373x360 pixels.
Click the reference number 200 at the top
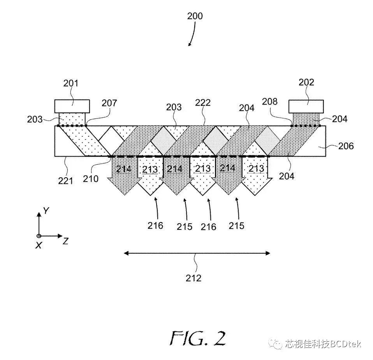click(195, 16)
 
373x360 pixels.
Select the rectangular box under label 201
click(72, 106)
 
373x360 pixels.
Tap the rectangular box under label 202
click(306, 106)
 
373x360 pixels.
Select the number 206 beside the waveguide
click(346, 146)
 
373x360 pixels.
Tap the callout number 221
click(65, 181)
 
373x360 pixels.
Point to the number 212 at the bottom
click(194, 278)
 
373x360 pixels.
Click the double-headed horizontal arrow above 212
click(197, 253)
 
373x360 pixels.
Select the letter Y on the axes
click(46, 211)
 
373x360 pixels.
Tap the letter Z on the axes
click(66, 241)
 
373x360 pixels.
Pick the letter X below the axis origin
click(39, 245)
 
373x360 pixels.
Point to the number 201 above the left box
click(70, 83)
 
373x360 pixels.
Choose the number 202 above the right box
click(306, 82)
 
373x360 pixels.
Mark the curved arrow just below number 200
click(192, 38)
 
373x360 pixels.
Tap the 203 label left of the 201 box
click(35, 119)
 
